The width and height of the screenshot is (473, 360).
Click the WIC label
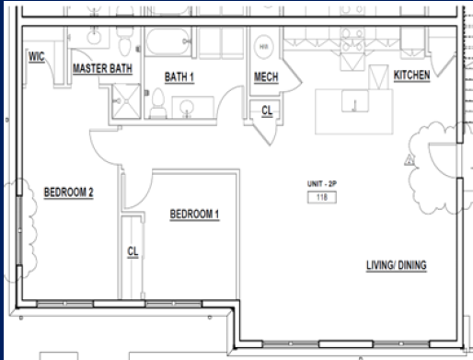pyautogui.click(x=37, y=56)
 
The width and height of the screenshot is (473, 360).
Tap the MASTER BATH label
pyautogui.click(x=102, y=69)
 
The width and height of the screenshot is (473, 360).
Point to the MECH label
pyautogui.click(x=266, y=78)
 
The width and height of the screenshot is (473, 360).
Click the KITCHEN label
pyautogui.click(x=411, y=75)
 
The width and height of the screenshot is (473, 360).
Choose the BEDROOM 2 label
pyautogui.click(x=69, y=193)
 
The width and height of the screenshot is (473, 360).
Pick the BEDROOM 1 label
pyautogui.click(x=195, y=215)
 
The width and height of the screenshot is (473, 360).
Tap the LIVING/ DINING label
pyautogui.click(x=397, y=267)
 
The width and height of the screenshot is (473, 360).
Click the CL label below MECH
pyautogui.click(x=267, y=110)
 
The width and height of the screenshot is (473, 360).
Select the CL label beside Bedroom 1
pyautogui.click(x=133, y=250)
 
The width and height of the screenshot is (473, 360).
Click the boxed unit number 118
pyautogui.click(x=321, y=197)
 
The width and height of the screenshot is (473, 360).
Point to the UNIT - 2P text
pyautogui.click(x=321, y=184)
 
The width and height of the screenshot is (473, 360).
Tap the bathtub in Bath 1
pyautogui.click(x=167, y=43)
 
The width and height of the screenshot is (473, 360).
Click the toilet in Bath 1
pyautogui.click(x=157, y=101)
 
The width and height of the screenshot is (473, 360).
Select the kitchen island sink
pyautogui.click(x=352, y=101)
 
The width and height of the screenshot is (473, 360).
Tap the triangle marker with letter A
pyautogui.click(x=411, y=158)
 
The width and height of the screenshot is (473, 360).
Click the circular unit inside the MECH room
pyautogui.click(x=264, y=45)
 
